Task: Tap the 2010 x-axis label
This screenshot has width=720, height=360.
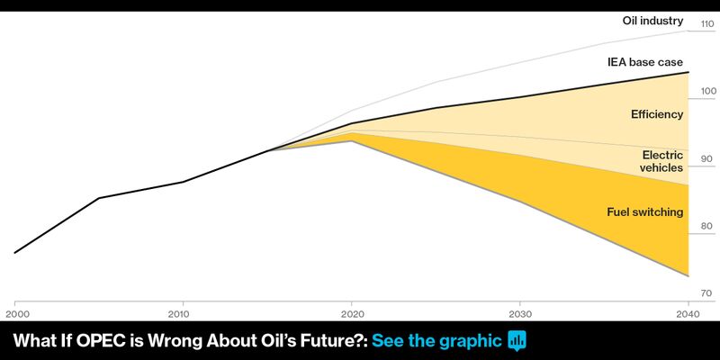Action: (x=183, y=314)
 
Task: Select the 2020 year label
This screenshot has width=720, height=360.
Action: (x=351, y=314)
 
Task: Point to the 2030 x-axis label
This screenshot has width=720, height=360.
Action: (x=520, y=314)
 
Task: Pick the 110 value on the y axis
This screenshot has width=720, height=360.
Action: (x=707, y=23)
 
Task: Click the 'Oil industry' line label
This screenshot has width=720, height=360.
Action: (x=653, y=21)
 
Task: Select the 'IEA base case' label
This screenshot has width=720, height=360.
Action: (x=645, y=61)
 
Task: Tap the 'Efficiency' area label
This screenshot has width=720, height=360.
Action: (x=657, y=114)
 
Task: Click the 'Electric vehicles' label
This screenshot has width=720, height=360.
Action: (x=661, y=161)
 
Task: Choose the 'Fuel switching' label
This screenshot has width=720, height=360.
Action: (x=645, y=212)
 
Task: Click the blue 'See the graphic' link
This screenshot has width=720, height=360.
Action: (x=436, y=341)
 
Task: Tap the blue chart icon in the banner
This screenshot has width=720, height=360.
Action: (x=517, y=341)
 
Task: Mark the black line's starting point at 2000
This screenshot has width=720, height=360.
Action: (x=15, y=253)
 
